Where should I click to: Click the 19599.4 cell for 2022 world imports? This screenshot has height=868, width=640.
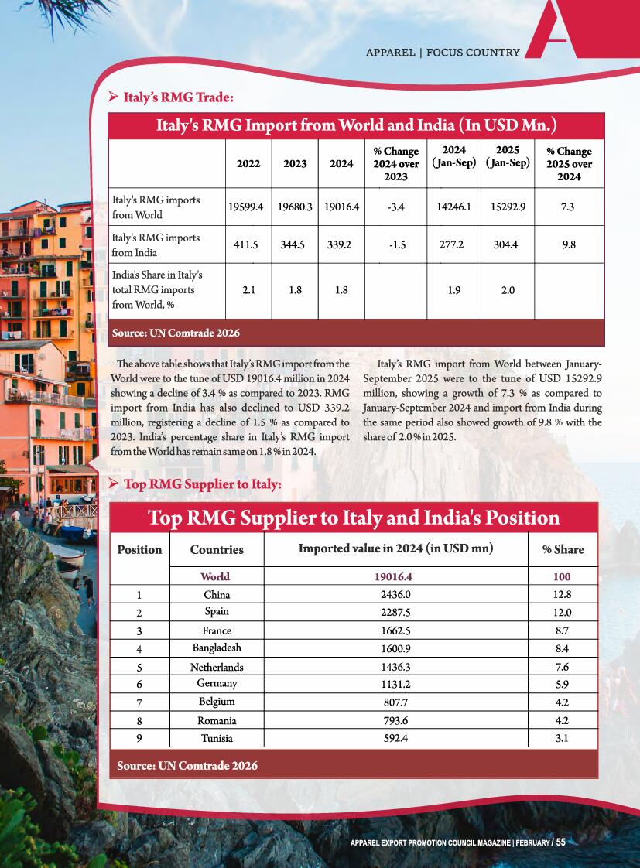coord(247,207)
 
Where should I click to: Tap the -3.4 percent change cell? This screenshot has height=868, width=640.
coord(396,207)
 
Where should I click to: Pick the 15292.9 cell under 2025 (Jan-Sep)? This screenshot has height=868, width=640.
coord(508,207)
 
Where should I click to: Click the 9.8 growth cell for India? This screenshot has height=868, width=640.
coord(569,244)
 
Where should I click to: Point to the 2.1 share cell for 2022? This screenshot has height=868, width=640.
coord(248,290)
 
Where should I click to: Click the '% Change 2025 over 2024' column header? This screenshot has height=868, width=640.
coord(569,164)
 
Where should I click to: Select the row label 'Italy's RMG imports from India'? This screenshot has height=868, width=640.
coord(156,244)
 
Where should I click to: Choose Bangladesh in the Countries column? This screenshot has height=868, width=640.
coord(217,648)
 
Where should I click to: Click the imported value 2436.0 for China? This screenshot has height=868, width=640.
coord(395,594)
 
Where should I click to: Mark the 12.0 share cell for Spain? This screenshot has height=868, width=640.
coord(563,612)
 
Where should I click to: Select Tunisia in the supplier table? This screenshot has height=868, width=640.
coord(217,738)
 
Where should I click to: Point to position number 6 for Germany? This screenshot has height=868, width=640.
coord(139,684)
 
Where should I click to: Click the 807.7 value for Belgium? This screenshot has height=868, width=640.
coord(395,702)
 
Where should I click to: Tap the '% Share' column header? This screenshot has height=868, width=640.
coord(563,549)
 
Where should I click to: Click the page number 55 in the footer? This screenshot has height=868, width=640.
coord(560,842)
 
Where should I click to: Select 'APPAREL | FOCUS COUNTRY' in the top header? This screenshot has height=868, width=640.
coord(443,53)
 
